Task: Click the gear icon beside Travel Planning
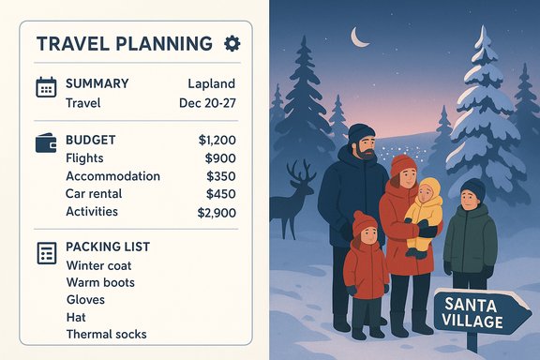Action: [232, 43]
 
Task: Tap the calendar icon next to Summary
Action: [46, 87]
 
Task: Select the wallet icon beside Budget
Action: [46, 143]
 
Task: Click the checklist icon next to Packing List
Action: [46, 252]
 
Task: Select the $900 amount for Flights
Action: [220, 158]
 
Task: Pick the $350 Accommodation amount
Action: [222, 176]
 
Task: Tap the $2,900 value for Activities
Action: [217, 212]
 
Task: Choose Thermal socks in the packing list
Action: [106, 334]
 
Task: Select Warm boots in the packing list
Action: [100, 282]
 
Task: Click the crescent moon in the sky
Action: [359, 37]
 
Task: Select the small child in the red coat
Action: [366, 267]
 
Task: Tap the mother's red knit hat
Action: [404, 164]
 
